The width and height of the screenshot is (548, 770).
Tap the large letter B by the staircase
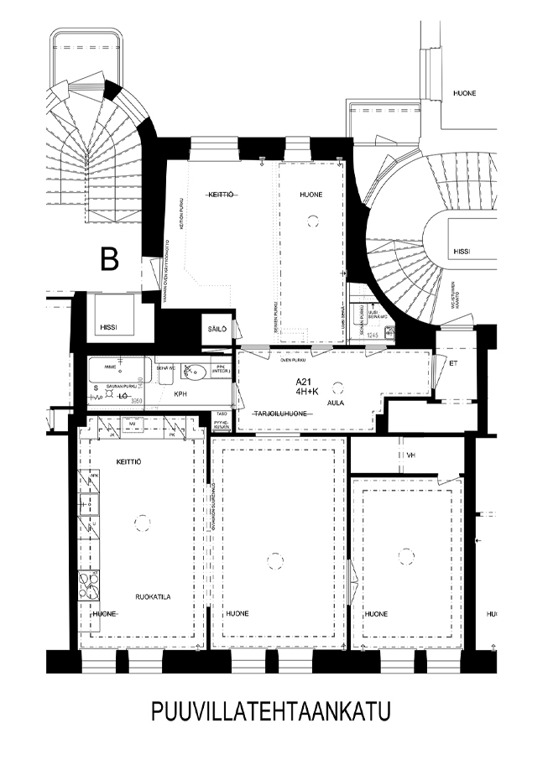coord(109,259)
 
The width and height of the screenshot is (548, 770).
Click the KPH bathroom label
coord(180,393)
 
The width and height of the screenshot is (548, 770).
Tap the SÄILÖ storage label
coord(217,330)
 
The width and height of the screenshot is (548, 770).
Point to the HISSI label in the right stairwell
coord(462,251)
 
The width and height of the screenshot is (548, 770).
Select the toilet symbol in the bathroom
coord(192,370)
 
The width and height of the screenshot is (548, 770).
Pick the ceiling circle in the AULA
coord(338,387)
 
